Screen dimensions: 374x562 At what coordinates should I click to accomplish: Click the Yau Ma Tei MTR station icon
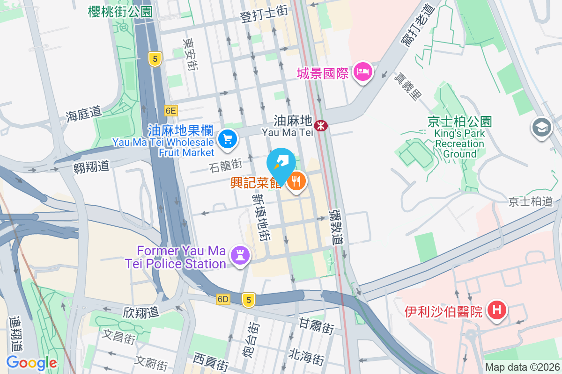pyautogui.click(x=321, y=125)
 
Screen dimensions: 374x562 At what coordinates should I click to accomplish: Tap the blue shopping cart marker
pyautogui.click(x=228, y=138)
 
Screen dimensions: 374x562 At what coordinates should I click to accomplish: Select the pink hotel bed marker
pyautogui.click(x=363, y=72)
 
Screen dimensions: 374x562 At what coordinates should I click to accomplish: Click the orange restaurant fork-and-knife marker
pyautogui.click(x=296, y=181)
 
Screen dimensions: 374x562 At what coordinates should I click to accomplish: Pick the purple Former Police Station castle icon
pyautogui.click(x=240, y=255)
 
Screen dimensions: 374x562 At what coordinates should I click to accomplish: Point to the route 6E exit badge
pyautogui.click(x=171, y=111)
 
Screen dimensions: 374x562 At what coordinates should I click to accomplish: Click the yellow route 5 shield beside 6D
pyautogui.click(x=249, y=300)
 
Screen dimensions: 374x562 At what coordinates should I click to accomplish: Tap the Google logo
pyautogui.click(x=31, y=363)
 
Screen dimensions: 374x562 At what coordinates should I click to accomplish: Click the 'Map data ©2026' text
pyautogui.click(x=522, y=367)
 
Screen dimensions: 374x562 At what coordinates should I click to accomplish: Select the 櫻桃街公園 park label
pyautogui.click(x=120, y=11)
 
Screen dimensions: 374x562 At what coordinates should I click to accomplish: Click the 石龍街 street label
pyautogui.click(x=226, y=165)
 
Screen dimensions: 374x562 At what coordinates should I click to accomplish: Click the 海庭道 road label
pyautogui.click(x=83, y=114)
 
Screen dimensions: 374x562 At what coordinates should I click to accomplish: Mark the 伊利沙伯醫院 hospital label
pyautogui.click(x=443, y=311)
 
